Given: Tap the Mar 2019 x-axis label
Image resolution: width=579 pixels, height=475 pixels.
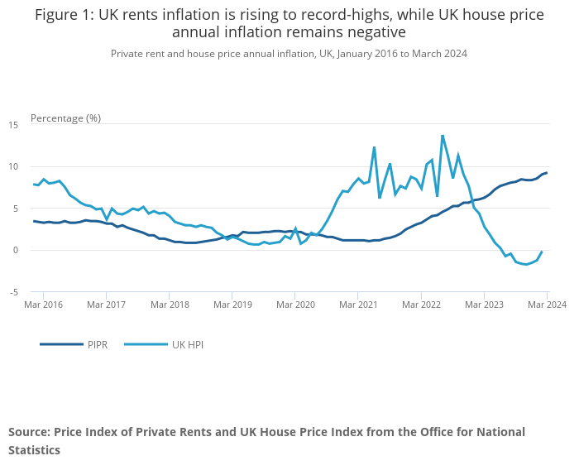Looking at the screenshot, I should [x=232, y=305].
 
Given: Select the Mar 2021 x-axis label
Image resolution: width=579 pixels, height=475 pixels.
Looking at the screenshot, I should [x=358, y=305].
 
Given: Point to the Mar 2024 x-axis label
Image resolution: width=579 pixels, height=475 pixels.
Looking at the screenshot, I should [x=548, y=305].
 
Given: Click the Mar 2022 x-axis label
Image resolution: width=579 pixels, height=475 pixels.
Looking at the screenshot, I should [x=421, y=305].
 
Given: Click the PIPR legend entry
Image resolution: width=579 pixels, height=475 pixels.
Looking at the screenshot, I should [x=97, y=344].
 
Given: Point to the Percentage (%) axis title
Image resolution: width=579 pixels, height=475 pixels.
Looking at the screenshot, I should [x=65, y=118].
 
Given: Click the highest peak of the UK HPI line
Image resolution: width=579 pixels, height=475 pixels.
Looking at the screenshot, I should [x=443, y=135].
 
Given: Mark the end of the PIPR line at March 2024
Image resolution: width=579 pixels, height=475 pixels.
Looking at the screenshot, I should [x=547, y=172].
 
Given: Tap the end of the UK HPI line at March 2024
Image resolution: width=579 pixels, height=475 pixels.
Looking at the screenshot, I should [x=542, y=252].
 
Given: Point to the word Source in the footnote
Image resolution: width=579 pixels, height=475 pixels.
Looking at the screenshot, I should [x=28, y=432].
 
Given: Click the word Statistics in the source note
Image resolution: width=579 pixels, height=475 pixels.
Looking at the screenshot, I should [x=34, y=450].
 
